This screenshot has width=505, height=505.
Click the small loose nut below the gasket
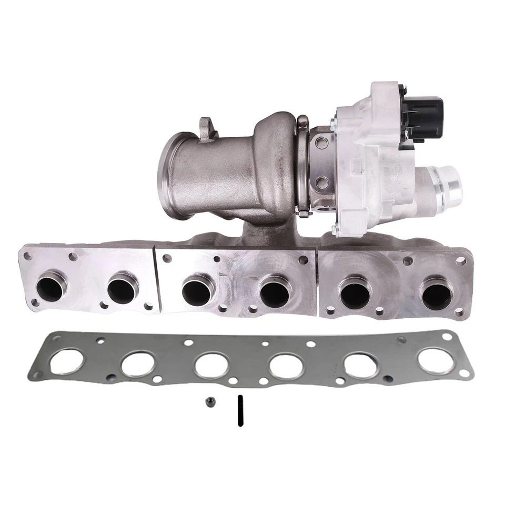click(x=209, y=402)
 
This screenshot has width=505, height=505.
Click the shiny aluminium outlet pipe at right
click(x=445, y=186)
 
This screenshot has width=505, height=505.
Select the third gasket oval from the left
click(x=211, y=365)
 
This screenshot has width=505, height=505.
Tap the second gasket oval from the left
click(x=138, y=363)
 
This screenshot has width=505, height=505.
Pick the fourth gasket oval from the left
click(x=286, y=366)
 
